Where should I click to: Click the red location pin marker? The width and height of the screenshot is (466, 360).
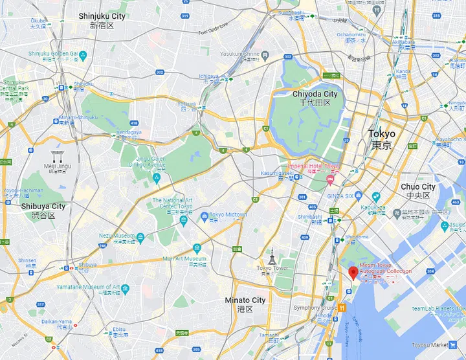[353, 273]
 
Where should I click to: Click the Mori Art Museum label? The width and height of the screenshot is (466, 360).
[184, 258]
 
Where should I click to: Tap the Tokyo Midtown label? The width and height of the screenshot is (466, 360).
[228, 215]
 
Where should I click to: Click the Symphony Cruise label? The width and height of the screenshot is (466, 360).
[315, 308]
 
